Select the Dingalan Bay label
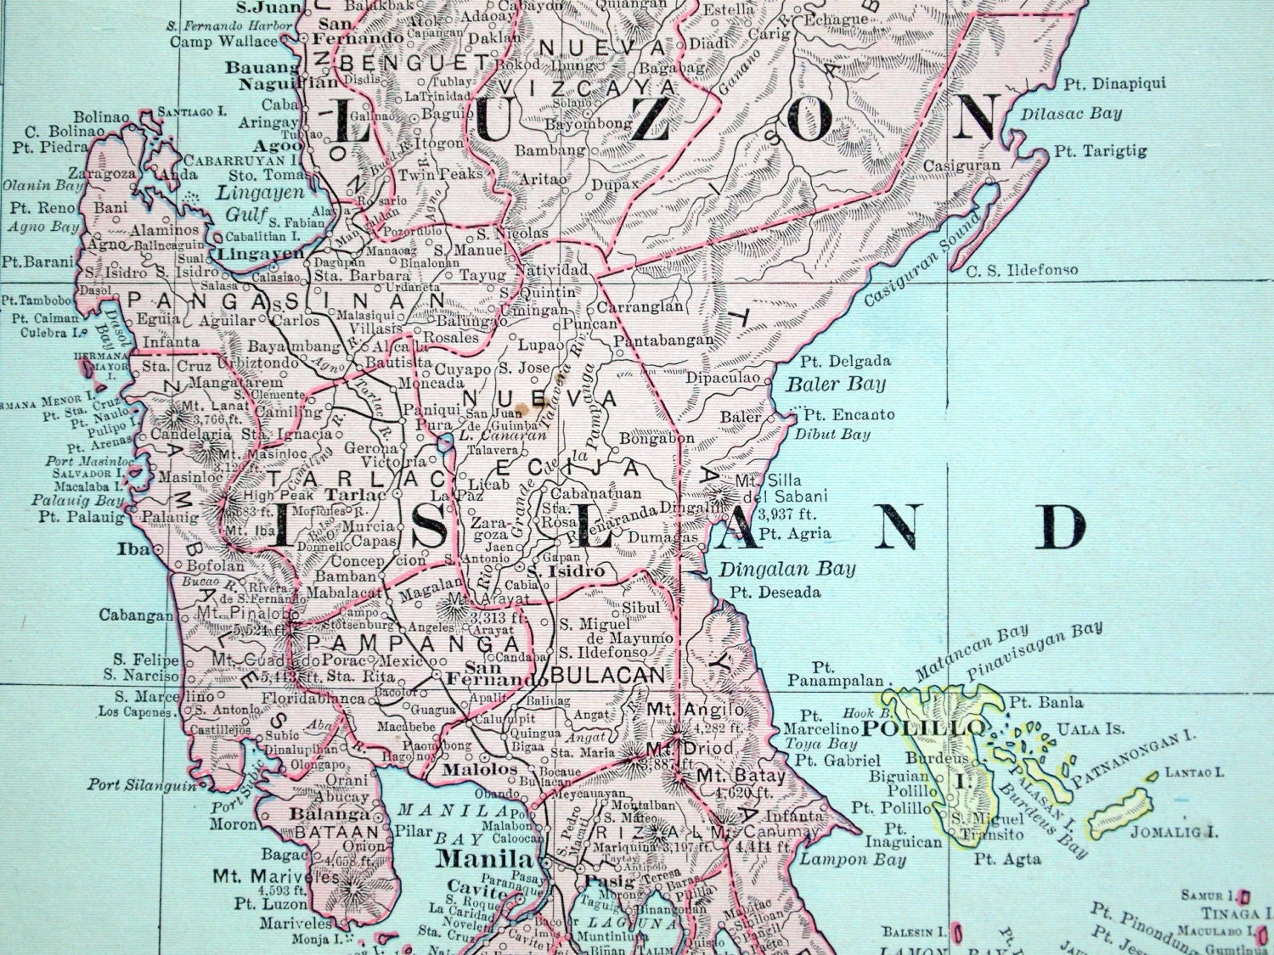[786, 569]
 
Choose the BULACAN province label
[606, 675]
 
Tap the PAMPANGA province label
[402, 644]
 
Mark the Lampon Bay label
[834, 859]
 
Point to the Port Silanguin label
[140, 784]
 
